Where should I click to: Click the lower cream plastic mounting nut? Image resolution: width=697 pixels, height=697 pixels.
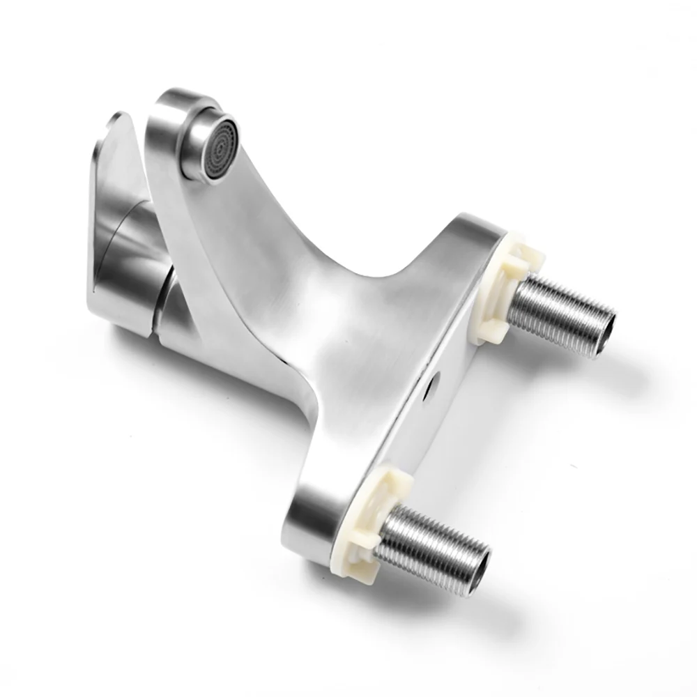pos(369,516)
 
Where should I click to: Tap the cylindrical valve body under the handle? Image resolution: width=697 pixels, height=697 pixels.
pos(139,293)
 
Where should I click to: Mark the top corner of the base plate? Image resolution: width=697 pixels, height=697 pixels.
pos(481,223)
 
